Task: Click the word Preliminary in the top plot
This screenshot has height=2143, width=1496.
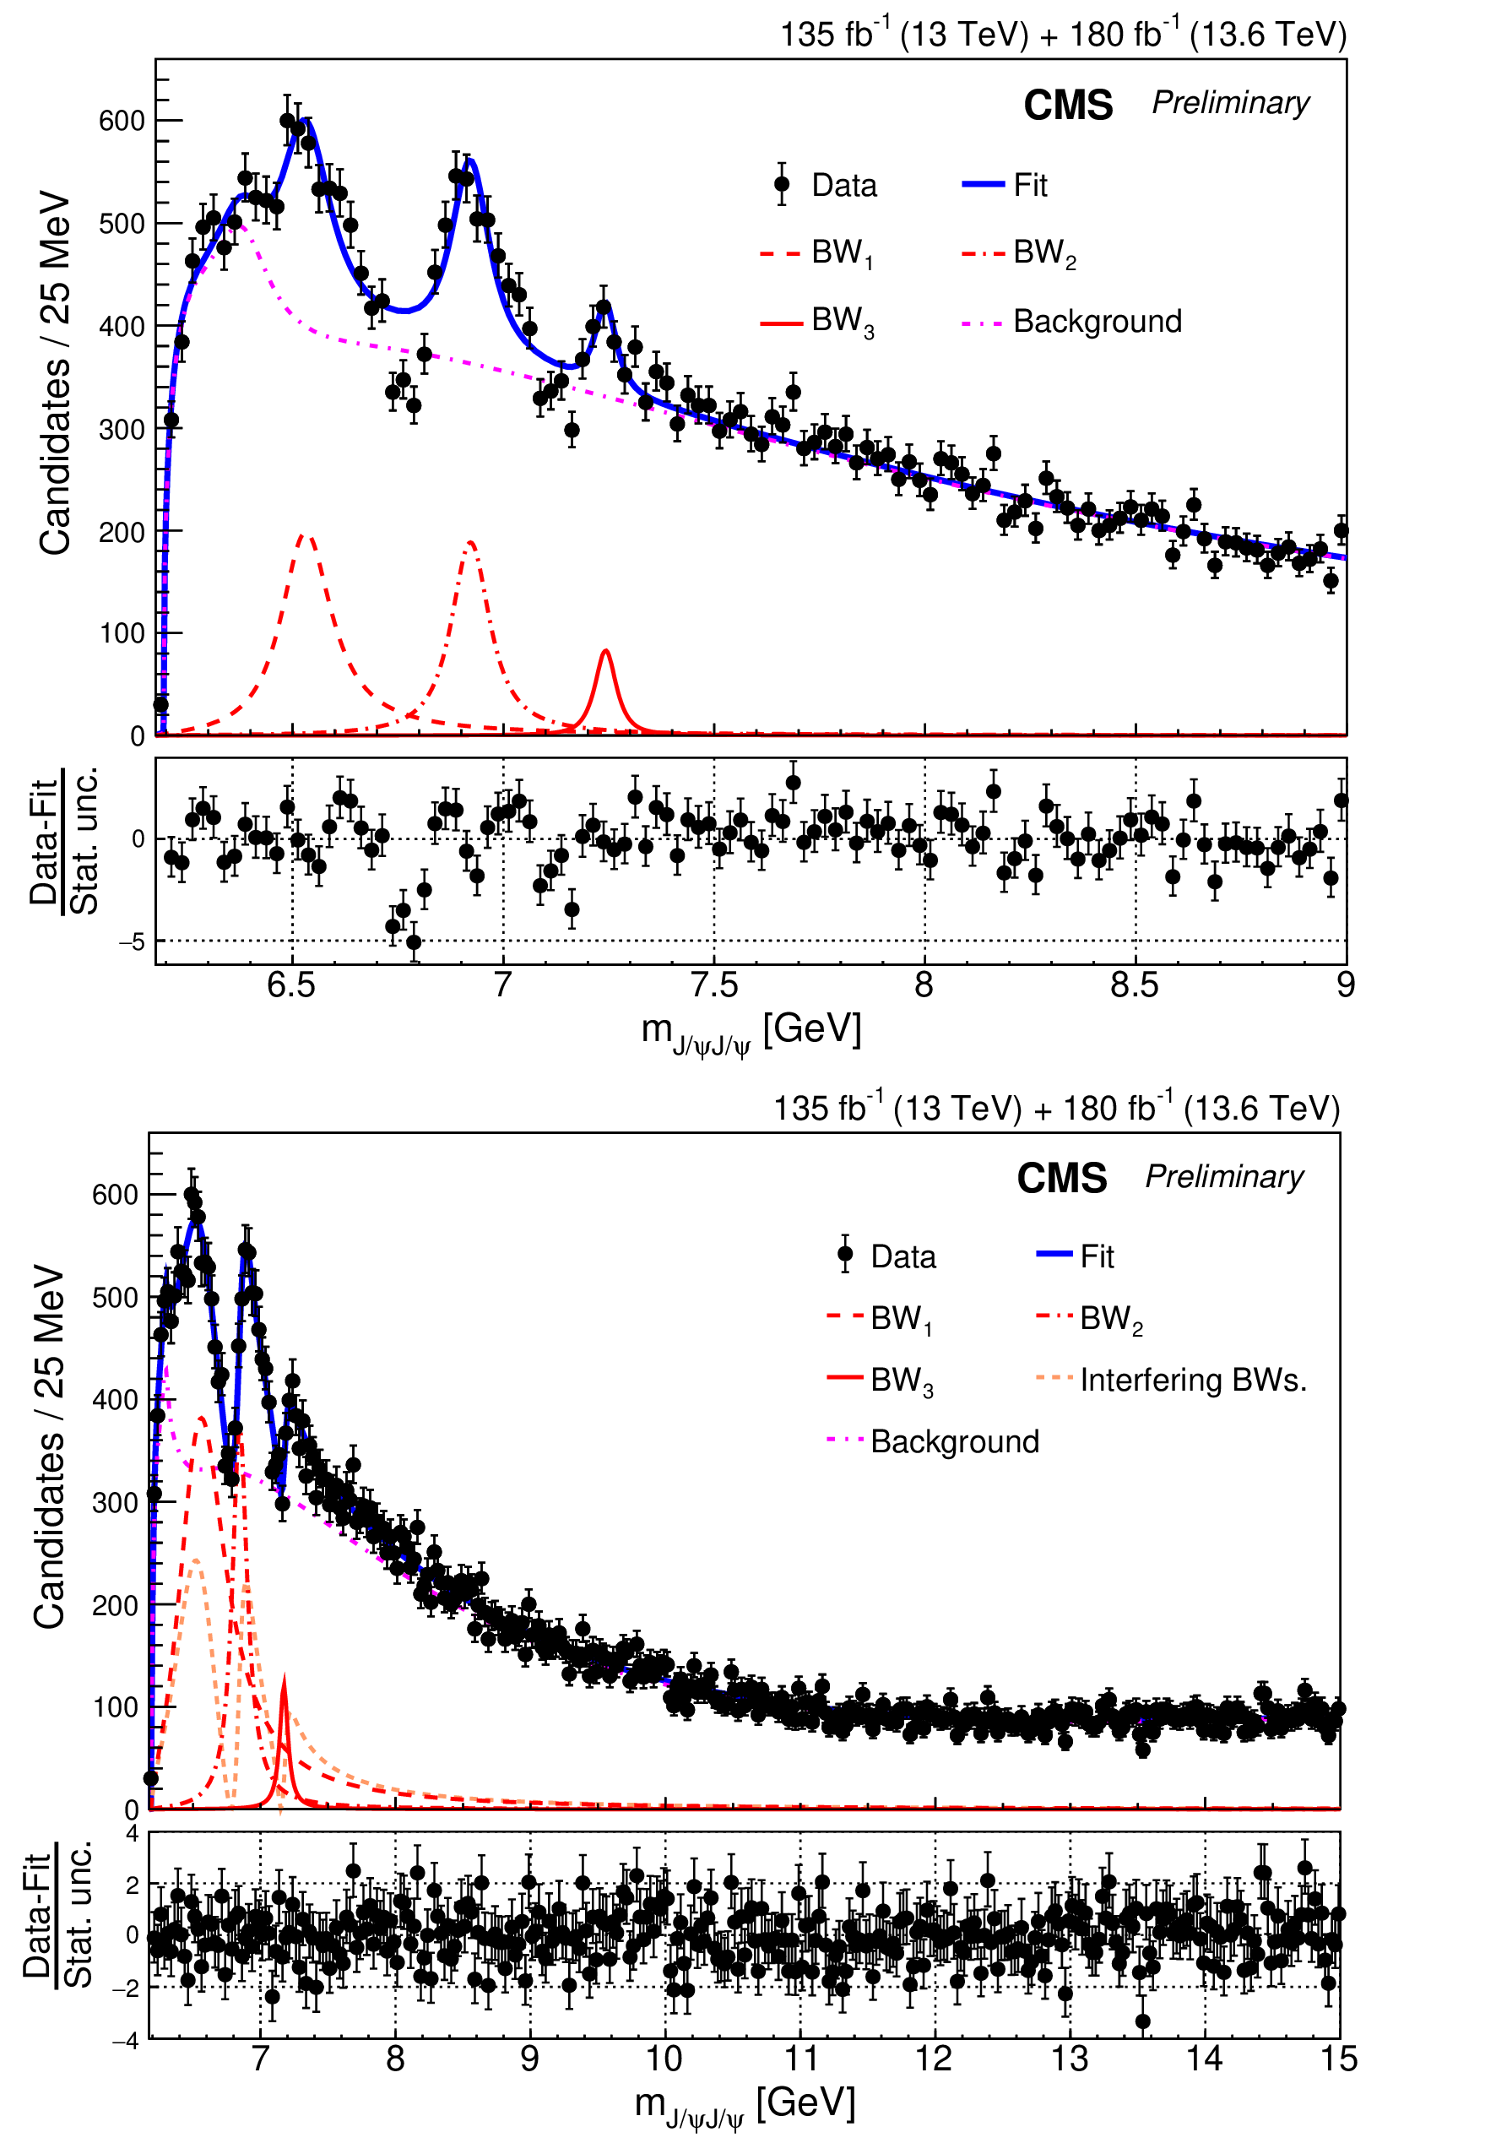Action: click(x=1230, y=103)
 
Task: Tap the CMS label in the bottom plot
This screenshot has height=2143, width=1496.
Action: click(x=1061, y=1178)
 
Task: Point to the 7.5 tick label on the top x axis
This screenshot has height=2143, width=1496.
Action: click(x=714, y=985)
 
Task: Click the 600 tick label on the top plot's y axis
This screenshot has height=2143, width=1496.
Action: click(x=122, y=121)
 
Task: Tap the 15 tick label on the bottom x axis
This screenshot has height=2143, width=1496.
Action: click(x=1338, y=2059)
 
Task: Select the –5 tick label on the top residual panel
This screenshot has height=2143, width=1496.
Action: click(x=132, y=941)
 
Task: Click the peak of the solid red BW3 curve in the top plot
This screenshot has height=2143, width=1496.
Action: click(x=605, y=650)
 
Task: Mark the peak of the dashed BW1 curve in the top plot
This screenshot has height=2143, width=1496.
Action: click(x=306, y=535)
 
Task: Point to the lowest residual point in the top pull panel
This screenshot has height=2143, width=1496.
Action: click(x=414, y=942)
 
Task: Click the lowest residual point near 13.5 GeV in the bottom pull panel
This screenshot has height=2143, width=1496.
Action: click(x=1142, y=2021)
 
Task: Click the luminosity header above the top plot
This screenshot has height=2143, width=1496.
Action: click(x=1063, y=35)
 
